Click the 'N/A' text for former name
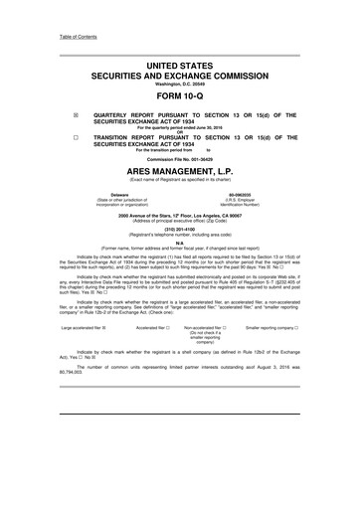[180, 237]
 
